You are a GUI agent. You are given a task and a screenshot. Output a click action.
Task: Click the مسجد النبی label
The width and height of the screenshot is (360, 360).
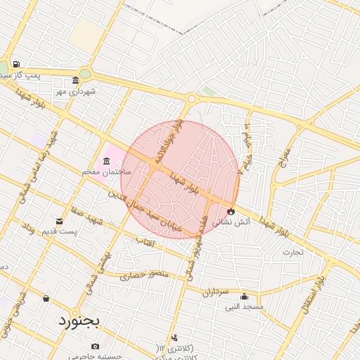point(243,307)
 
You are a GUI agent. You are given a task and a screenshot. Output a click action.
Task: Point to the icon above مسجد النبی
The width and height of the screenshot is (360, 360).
point(244,296)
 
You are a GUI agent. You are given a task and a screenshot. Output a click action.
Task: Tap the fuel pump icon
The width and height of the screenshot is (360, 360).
point(16,65)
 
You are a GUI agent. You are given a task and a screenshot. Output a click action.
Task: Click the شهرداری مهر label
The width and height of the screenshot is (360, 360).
point(76,91)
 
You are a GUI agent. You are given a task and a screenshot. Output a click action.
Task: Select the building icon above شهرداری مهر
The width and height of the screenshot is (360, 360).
point(75,80)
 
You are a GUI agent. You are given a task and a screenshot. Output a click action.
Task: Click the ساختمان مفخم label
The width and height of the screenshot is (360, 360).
point(104,172)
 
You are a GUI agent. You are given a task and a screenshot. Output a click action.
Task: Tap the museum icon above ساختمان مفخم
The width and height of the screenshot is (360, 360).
point(106,161)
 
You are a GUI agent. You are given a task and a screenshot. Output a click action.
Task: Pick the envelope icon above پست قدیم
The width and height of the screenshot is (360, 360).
point(58,221)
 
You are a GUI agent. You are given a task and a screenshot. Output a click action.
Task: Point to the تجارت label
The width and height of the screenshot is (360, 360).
point(292,251)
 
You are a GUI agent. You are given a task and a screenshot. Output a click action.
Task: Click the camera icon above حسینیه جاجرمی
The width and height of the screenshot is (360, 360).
point(96,346)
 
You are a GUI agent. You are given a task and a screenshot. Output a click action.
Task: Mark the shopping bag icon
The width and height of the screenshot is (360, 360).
point(46,299)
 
